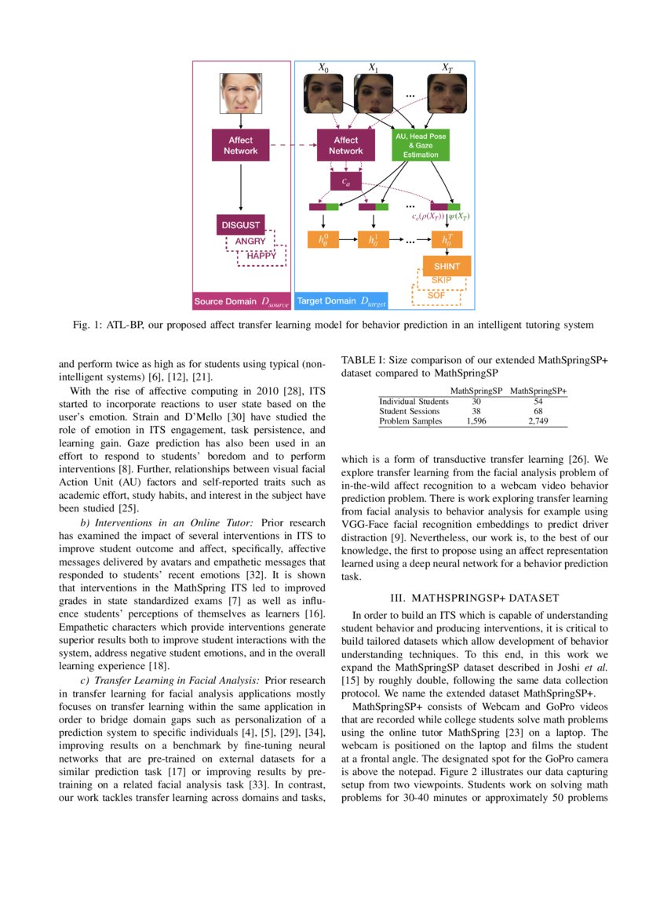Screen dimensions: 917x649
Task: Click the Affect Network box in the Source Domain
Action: coord(240,145)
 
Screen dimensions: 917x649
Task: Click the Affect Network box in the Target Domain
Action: coord(345,145)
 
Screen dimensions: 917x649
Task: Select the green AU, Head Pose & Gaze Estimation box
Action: coord(420,145)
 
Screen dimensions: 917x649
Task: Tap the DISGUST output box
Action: coord(240,225)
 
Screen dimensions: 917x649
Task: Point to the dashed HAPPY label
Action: coord(261,256)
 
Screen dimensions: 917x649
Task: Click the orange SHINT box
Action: coord(447,266)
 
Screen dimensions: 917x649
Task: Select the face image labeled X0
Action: coord(323,95)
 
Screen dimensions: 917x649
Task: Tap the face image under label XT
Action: coord(447,95)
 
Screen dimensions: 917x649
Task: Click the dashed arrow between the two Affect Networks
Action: coord(291,145)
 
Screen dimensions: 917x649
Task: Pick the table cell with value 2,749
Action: coord(538,421)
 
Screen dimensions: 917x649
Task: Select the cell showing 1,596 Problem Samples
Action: coord(476,421)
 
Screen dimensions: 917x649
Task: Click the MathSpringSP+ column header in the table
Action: coord(538,390)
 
